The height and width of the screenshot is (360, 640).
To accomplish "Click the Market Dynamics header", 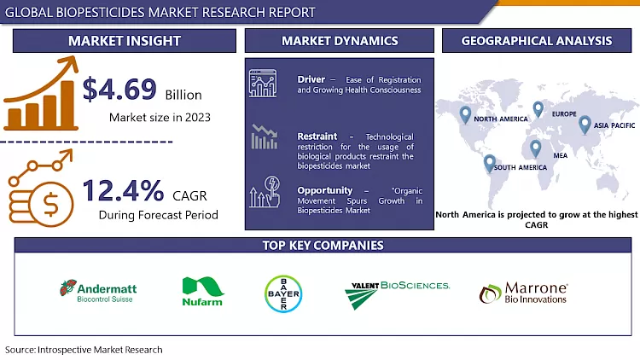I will coord(340,40).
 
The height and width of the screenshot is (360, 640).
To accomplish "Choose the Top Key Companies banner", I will coord(323,246).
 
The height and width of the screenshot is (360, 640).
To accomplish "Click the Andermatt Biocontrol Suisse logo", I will coord(98,292).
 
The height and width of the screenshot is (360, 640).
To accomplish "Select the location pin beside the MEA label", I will coord(535,148).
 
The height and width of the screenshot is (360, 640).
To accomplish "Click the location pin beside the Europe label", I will coord(538,108).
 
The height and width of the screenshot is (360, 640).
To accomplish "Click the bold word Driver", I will coord(311,79).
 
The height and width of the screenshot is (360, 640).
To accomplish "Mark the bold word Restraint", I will coord(317,136).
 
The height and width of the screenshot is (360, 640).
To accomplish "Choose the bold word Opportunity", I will coord(324,189).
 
